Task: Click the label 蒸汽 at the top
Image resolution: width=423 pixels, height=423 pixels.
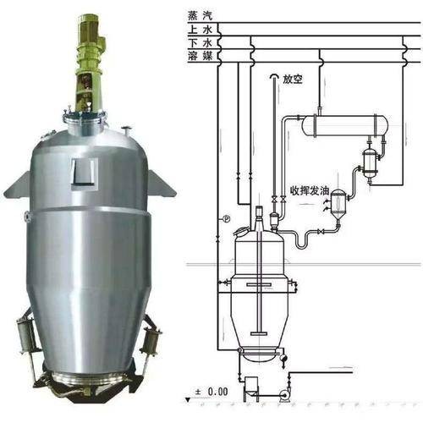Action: [x=200, y=15]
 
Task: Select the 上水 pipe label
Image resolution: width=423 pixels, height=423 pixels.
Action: [x=200, y=30]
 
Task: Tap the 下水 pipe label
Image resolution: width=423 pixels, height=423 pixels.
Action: [x=200, y=43]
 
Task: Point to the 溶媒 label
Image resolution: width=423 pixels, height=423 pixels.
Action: [x=200, y=56]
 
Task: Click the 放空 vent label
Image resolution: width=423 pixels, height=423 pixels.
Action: [x=293, y=80]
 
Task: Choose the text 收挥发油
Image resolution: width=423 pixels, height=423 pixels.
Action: [x=310, y=191]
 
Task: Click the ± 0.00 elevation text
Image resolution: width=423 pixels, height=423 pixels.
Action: [x=211, y=392]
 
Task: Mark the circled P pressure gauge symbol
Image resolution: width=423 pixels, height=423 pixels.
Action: [x=227, y=218]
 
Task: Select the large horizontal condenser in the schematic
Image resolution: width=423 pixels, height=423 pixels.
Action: [x=344, y=125]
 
